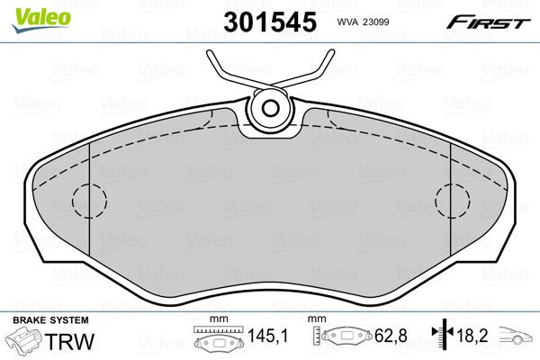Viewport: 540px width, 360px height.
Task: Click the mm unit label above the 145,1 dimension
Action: point(216,320)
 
